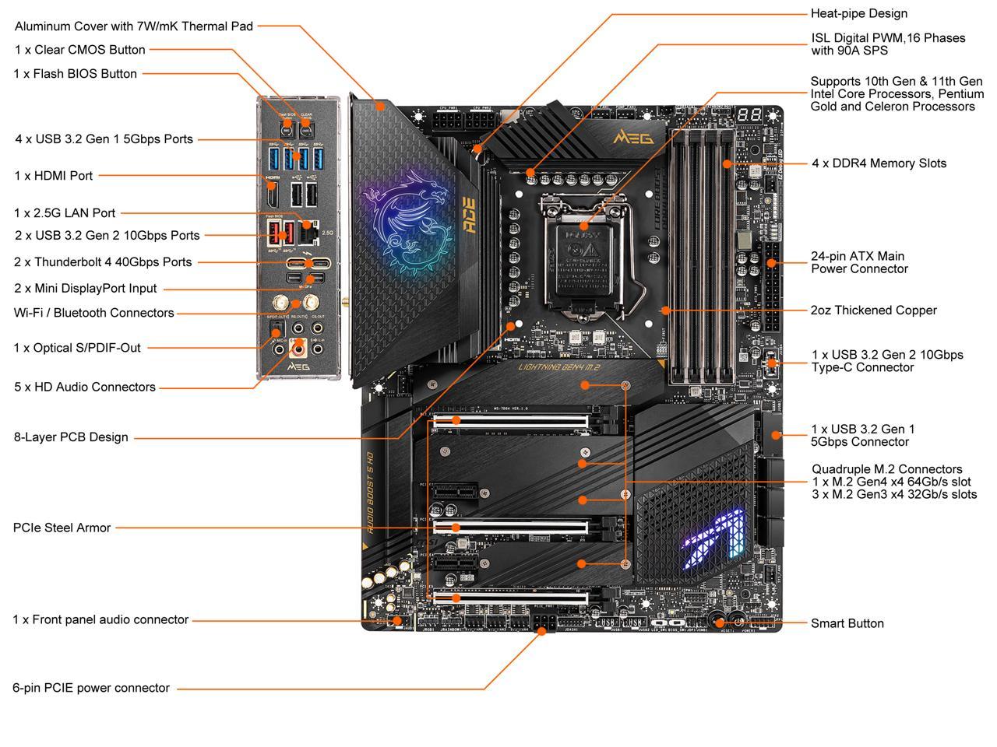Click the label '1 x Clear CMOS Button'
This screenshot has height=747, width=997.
[x=79, y=50]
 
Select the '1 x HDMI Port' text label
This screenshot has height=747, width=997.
[x=53, y=176]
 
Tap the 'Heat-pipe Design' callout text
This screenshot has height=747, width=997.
[x=858, y=13]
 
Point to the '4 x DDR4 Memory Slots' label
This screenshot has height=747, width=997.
[x=879, y=163]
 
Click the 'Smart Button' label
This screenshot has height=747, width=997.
[x=847, y=623]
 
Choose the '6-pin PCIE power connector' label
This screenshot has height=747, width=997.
[x=90, y=688]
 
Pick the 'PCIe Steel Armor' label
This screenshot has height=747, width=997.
[x=62, y=528]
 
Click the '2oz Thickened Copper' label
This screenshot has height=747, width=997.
[x=873, y=310]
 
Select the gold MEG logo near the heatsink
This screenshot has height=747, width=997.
[x=633, y=137]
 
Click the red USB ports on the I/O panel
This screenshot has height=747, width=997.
[x=280, y=231]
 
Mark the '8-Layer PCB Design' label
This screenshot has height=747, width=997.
[x=71, y=437]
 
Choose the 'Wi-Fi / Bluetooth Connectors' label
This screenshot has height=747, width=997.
[x=93, y=313]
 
